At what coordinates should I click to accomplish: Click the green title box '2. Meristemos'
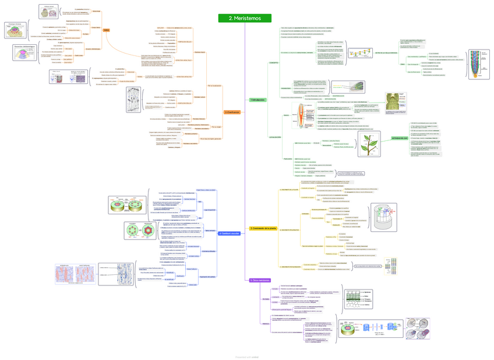[x=245, y=18]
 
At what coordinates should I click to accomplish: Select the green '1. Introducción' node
[x=257, y=100]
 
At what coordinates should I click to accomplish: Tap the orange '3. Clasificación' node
[x=232, y=112]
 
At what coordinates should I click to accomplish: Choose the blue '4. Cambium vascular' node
[x=229, y=233]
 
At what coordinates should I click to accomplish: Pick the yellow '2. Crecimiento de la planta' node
[x=263, y=228]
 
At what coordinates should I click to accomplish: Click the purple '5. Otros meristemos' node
[x=260, y=280]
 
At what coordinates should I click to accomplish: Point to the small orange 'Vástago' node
[x=106, y=30]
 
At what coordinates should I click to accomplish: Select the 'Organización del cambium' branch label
[x=209, y=276]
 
